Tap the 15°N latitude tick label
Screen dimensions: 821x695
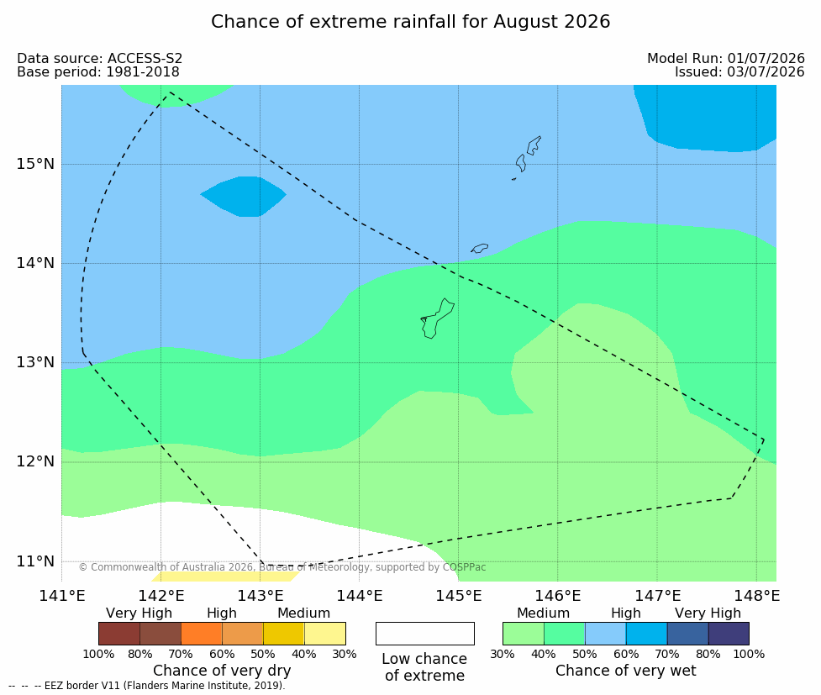(35, 164)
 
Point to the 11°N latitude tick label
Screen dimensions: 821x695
(35, 561)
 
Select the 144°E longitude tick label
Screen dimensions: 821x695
(359, 596)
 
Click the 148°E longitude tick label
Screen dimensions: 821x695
(756, 596)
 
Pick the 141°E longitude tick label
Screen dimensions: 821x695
(62, 596)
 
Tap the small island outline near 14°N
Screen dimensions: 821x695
(480, 248)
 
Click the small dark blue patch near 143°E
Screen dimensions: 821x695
(244, 197)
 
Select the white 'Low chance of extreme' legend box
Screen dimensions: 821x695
(425, 634)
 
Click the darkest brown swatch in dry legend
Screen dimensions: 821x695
(119, 634)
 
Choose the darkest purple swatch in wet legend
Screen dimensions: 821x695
(729, 634)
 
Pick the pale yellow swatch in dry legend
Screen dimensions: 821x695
(324, 634)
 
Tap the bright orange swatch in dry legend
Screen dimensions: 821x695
(202, 634)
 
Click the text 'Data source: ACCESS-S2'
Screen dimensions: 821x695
(99, 59)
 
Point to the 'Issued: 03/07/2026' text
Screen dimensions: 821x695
(739, 71)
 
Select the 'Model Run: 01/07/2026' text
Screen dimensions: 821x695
(726, 59)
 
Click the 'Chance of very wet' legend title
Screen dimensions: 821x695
(626, 671)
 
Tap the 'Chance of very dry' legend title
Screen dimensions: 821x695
(222, 671)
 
